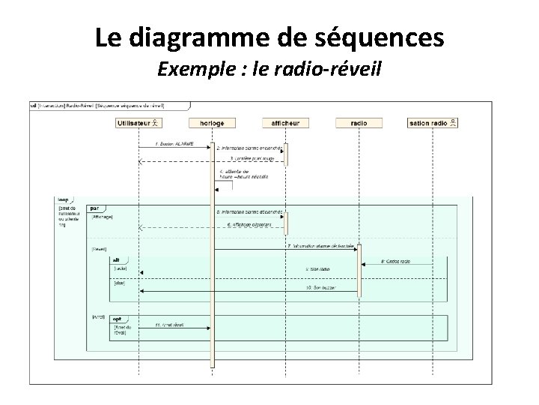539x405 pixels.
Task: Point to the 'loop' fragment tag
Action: pyautogui.click(x=63, y=200)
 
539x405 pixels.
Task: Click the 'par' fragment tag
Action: pyautogui.click(x=95, y=207)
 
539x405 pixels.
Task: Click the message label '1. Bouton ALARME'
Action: pyautogui.click(x=174, y=143)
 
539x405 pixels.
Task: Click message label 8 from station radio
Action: pyautogui.click(x=396, y=261)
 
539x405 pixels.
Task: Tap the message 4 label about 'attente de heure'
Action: pyautogui.click(x=235, y=175)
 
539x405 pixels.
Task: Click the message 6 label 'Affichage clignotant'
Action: pyautogui.click(x=251, y=223)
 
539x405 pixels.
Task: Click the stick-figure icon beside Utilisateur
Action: pyautogui.click(x=155, y=122)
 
